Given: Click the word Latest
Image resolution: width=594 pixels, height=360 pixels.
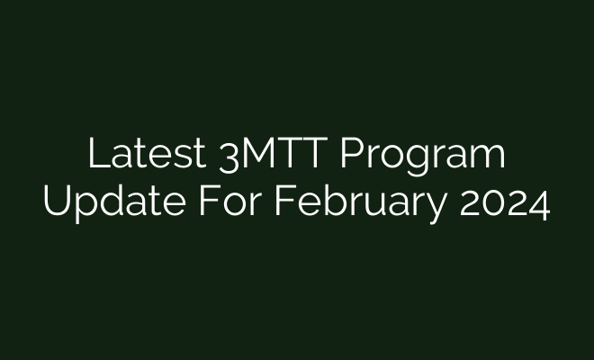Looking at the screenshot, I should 146,155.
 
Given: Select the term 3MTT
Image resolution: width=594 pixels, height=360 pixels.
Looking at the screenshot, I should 276,155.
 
